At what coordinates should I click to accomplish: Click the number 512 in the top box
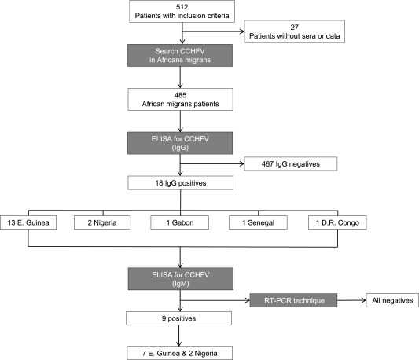click(182, 7)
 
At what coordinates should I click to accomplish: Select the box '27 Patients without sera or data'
click(294, 31)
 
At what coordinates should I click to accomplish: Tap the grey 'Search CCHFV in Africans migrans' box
click(180, 55)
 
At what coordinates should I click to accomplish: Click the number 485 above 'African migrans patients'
click(180, 95)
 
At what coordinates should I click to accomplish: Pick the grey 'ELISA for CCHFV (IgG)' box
click(180, 143)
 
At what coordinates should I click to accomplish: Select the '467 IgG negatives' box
click(290, 163)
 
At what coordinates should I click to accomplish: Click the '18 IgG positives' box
click(180, 183)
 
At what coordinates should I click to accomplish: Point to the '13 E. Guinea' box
click(28, 222)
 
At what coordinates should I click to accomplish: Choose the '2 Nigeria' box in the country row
click(102, 222)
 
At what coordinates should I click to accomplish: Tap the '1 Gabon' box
click(179, 222)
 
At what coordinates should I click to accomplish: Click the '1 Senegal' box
click(258, 222)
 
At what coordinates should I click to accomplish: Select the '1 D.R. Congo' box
click(337, 222)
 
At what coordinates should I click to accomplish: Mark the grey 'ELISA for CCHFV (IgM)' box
click(180, 279)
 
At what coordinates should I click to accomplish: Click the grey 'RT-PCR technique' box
click(293, 300)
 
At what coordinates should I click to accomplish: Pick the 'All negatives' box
click(392, 300)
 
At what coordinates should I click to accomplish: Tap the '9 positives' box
click(178, 318)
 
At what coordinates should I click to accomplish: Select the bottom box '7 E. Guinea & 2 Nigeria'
click(179, 353)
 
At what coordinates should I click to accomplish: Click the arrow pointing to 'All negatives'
click(351, 300)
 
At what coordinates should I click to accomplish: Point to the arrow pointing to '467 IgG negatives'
click(212, 163)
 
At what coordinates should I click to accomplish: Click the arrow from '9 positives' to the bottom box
click(178, 336)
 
